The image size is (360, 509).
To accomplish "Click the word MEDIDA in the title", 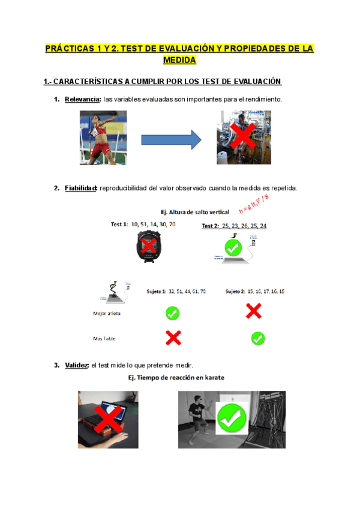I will [179, 60].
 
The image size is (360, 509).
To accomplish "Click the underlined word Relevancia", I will [83, 98].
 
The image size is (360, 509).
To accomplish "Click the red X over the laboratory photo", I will [242, 138].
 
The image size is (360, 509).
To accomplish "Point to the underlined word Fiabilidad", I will [81, 188].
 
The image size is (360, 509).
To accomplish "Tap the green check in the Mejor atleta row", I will [172, 313].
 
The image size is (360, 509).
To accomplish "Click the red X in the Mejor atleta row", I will [253, 311].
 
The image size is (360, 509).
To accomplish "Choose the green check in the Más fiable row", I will [258, 339].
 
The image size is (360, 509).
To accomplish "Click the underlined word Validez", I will [77, 365].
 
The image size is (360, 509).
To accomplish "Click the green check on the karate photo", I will [231, 418].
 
